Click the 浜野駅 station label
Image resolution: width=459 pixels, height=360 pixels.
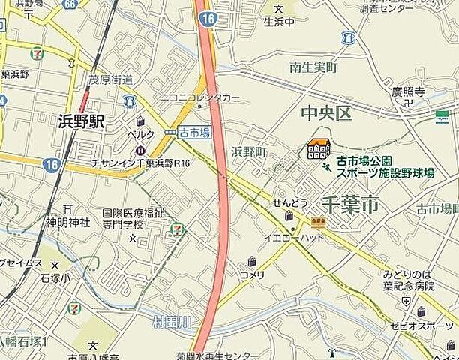82,121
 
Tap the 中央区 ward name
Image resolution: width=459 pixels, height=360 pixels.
325,114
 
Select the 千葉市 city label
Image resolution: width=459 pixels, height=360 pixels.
349,204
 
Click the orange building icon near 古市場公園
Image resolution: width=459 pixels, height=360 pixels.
319,149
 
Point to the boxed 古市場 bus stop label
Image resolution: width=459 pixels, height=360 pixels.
194,132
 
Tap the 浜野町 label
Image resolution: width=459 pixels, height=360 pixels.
249,152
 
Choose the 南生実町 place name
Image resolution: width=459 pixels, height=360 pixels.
313,68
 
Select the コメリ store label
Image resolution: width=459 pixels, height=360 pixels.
253,274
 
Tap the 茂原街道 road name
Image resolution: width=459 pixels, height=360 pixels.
110,79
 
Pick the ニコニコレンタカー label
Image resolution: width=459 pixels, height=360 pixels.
199,97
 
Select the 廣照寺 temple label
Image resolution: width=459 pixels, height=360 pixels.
409,92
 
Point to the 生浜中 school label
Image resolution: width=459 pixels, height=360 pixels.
279,22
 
